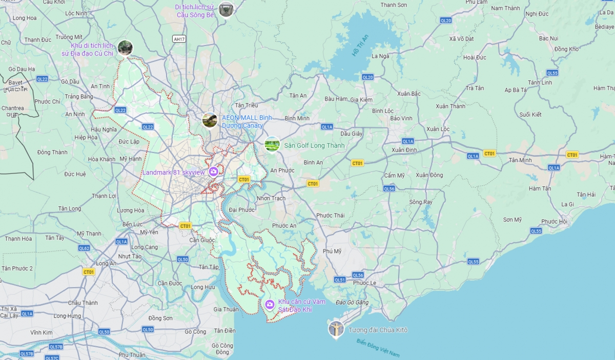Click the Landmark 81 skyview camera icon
click(213, 172)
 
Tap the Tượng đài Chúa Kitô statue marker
click(336, 329)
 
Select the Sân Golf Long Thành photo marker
click(272, 145)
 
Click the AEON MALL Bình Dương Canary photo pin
click(210, 120)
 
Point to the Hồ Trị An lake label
click(360, 45)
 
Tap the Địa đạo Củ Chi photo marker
click(125, 48)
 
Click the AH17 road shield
click(179, 39)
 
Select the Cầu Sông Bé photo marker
click(226, 9)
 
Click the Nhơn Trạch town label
click(271, 198)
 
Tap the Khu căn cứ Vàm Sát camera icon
click(270, 305)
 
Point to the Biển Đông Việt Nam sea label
click(378, 349)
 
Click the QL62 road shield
click(84, 248)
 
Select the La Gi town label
click(568, 204)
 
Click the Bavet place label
click(15, 82)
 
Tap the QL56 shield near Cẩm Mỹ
click(389, 188)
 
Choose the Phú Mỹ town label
click(333, 251)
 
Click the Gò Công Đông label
click(222, 349)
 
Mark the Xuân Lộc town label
click(438, 129)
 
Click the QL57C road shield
click(54, 356)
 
